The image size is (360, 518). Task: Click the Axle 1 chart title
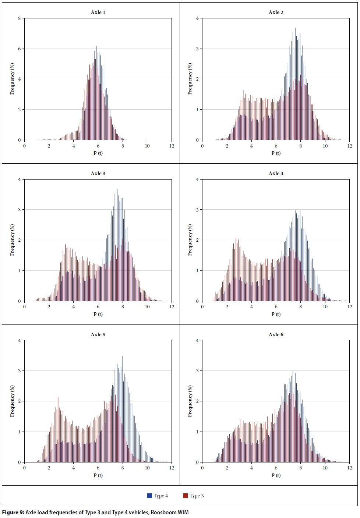coord(98,13)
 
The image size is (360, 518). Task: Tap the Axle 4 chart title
coord(276,174)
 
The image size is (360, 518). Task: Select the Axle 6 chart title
coord(276,335)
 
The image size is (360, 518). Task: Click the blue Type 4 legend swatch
coord(149,496)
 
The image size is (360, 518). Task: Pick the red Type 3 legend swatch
coord(185,496)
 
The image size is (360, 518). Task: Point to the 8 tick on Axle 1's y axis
coord(20,18)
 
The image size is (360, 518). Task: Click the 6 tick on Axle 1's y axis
coord(20,49)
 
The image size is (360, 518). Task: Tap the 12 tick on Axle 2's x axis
coord(350,146)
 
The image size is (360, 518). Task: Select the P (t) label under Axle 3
coord(98,314)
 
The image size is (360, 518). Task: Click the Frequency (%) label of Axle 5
coord(12,401)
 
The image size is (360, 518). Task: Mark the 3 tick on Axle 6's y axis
coord(197,371)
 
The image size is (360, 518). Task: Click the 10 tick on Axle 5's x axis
coord(147,468)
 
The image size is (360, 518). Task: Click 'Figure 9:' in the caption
coord(13,512)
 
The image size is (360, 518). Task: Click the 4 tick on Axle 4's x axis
coord(251,307)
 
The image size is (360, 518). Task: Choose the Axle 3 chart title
coord(98,174)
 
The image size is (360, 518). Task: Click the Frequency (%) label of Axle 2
coord(190,79)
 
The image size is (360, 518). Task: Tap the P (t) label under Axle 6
coord(276,475)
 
